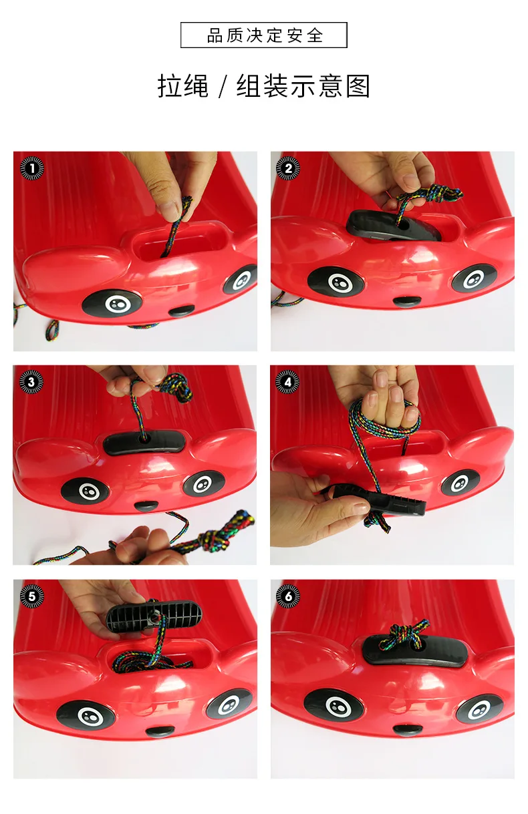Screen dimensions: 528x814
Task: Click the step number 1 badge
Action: point(32,168)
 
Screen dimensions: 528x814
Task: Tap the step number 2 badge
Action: point(288,168)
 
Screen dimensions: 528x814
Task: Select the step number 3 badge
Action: point(31,382)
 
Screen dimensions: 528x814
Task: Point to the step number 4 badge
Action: point(287,382)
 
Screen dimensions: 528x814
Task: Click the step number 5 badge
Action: point(32,596)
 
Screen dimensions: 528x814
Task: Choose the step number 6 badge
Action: point(288,596)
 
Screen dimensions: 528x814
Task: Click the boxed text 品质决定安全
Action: point(264,35)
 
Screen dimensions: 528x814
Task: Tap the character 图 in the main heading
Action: point(358,86)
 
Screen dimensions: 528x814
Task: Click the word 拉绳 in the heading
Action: point(183,86)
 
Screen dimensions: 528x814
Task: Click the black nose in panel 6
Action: point(407,729)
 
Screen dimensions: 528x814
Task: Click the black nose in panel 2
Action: point(407,301)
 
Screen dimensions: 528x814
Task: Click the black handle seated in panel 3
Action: point(144,442)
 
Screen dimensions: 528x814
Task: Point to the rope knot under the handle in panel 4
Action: point(377,522)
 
